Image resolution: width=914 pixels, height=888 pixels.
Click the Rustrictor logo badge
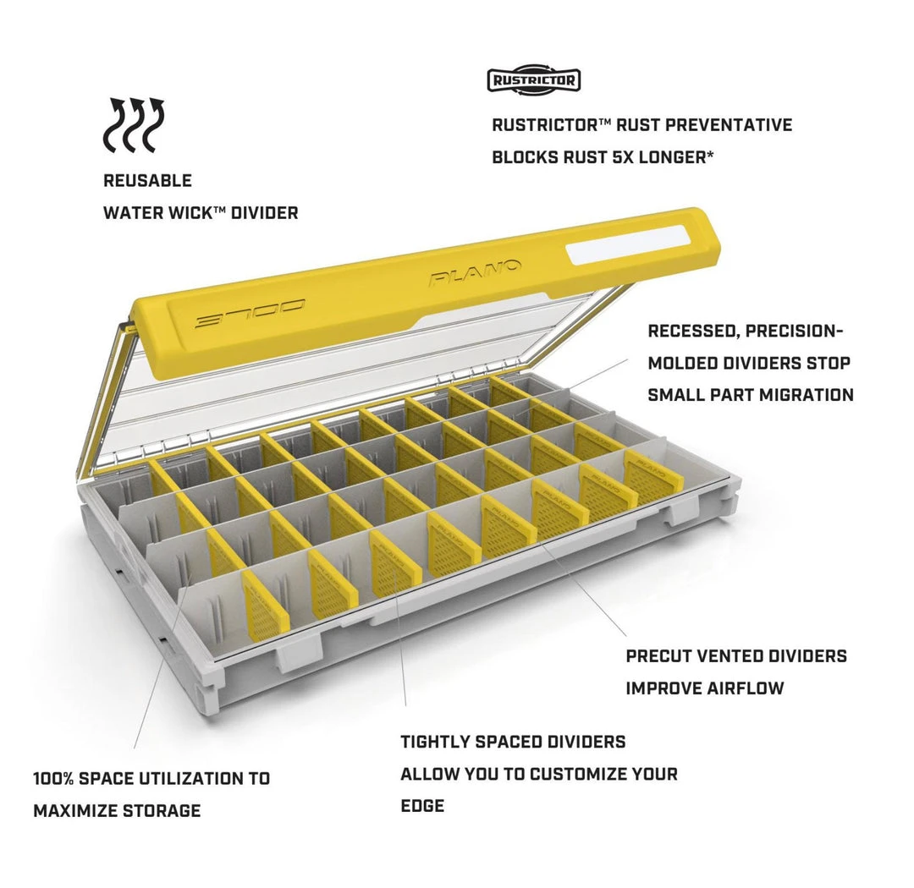coord(534,80)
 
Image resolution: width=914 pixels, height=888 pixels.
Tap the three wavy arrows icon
coord(134,124)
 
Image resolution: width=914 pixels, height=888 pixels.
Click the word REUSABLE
coord(147,181)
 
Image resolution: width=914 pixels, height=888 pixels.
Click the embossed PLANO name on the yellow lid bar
coord(475,272)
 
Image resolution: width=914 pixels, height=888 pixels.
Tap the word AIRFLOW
coord(746,688)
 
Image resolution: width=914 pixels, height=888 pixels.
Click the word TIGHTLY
coord(435,742)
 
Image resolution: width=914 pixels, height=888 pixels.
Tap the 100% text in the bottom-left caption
coord(53,778)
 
